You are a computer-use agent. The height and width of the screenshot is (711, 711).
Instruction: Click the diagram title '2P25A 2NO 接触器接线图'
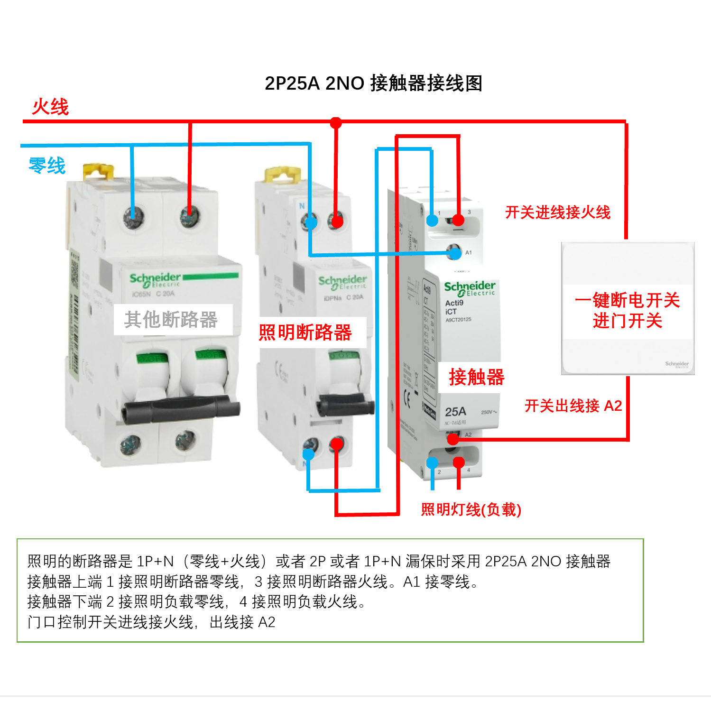click(373, 83)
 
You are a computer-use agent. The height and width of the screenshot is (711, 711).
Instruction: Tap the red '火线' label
click(50, 107)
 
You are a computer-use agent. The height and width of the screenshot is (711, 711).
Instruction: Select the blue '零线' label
click(47, 166)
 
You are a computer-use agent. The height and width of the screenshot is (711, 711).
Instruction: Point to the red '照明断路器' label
click(305, 332)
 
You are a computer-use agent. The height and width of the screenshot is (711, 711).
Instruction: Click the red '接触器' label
click(476, 377)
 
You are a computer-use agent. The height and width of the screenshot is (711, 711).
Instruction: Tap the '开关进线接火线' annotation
click(557, 212)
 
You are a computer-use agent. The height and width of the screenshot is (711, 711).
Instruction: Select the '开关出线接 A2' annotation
click(573, 406)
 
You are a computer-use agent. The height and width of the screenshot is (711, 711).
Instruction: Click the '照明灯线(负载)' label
click(471, 509)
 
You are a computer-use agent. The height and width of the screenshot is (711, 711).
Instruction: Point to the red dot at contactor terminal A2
click(453, 439)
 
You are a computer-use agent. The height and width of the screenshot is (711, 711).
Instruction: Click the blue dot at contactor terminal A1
click(455, 253)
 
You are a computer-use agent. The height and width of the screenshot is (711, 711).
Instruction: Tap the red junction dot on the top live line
click(336, 123)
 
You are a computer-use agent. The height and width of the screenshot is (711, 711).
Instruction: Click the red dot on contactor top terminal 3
click(458, 220)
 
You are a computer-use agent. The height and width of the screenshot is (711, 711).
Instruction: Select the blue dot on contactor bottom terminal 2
click(432, 463)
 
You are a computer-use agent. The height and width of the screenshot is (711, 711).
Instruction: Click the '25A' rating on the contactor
click(455, 411)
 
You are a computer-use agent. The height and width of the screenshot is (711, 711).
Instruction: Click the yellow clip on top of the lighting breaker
click(282, 174)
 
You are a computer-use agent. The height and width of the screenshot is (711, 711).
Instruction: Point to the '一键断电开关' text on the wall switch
click(627, 300)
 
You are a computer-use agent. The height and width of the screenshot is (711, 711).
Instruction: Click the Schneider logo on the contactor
click(470, 287)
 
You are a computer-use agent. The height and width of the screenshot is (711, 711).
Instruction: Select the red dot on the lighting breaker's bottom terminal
click(337, 444)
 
